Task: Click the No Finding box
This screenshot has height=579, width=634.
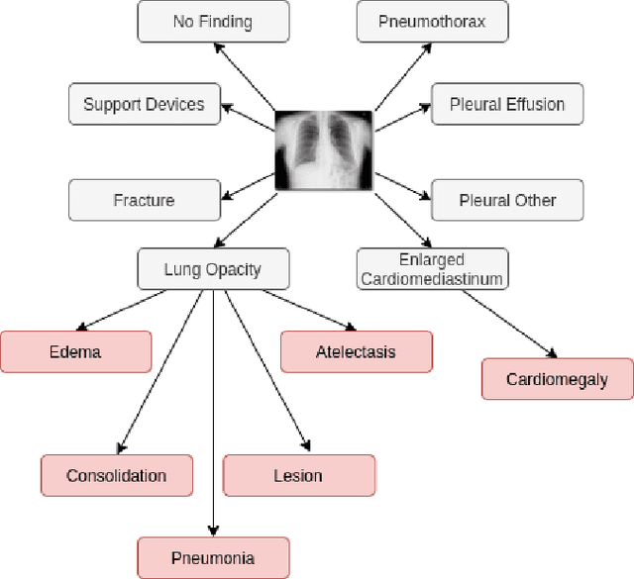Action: pos(213,21)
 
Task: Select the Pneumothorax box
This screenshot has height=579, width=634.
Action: pos(432,21)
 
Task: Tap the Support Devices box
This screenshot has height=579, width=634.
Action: pos(144,104)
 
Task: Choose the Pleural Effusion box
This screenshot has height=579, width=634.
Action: pos(507,104)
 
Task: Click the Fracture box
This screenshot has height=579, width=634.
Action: pos(144,200)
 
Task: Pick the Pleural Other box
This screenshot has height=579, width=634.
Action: pos(507,200)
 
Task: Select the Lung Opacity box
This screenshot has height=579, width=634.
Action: pos(213,268)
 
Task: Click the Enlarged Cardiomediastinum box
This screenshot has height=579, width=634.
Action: pos(432,268)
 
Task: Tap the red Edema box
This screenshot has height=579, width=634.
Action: pos(75,351)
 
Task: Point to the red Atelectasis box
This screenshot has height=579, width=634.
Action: pos(356,351)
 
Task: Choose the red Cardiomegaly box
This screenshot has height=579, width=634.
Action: pos(557,379)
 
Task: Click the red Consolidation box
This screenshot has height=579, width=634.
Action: pos(116,475)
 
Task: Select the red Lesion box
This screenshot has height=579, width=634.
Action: pos(298,475)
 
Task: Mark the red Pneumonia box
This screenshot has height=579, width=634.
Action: pos(213,558)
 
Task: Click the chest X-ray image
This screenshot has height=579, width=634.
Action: pos(325,148)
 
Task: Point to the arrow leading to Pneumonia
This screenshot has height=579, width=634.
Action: pos(213,416)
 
